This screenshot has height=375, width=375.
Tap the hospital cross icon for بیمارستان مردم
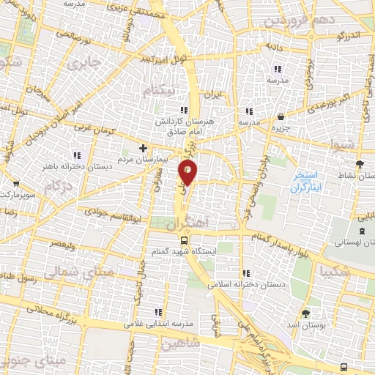[x=143, y=147]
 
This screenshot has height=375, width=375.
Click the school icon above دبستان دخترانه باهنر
[x=77, y=155]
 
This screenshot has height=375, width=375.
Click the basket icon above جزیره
[x=281, y=116]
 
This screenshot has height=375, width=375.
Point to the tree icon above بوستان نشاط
[x=359, y=164]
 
